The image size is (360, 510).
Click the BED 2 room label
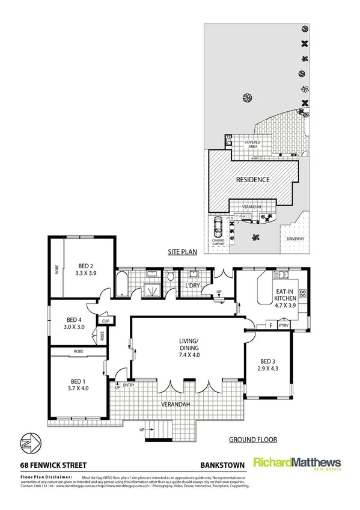pos(86,269)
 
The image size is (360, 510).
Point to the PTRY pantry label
pos(284,326)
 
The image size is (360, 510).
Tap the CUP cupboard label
pos(105,321)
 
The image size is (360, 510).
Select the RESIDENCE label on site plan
pos(252,180)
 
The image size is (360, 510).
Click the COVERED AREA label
pos(252,144)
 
